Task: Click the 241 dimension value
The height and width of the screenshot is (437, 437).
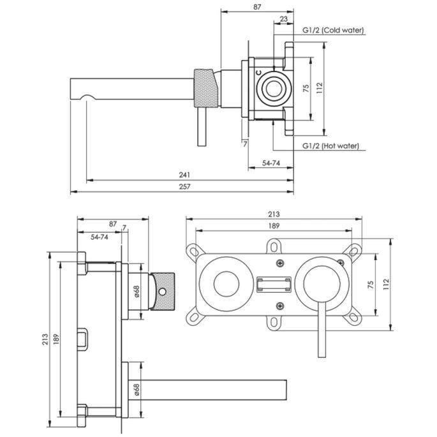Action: tap(185, 174)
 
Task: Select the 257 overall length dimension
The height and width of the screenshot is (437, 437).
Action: tap(185, 186)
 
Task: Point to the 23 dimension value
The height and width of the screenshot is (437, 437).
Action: tap(283, 19)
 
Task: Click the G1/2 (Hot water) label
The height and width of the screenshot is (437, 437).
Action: tap(330, 146)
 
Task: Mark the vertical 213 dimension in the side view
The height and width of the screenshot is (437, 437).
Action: tap(45, 341)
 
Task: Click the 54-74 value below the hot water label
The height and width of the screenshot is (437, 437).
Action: tap(272, 163)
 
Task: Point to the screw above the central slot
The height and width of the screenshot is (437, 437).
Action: tap(279, 263)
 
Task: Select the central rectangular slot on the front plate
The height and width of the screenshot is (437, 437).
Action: tap(274, 284)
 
